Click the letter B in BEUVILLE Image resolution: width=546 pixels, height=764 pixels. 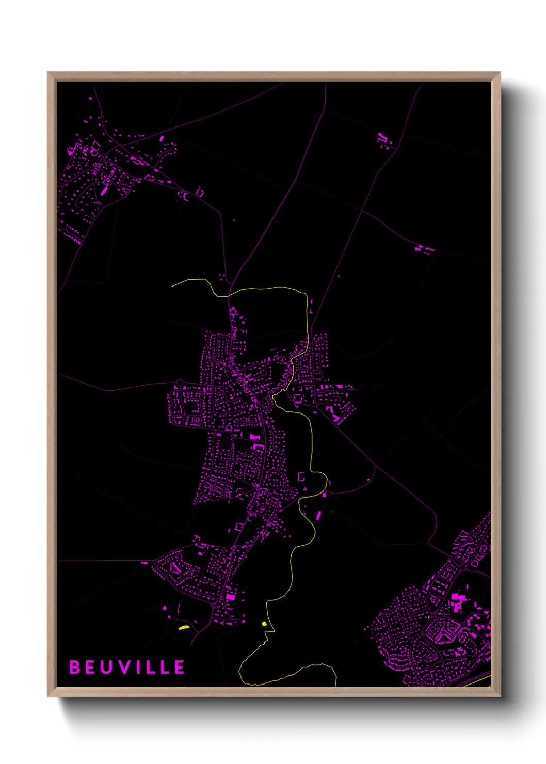coord(74,667)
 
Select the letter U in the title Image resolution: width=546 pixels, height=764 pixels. coord(107,667)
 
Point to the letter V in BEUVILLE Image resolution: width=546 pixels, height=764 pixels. coord(124,667)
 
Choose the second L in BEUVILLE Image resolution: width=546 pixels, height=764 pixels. coord(164,667)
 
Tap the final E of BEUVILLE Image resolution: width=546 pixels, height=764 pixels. coord(179,667)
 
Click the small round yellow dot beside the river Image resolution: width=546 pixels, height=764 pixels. coord(264,624)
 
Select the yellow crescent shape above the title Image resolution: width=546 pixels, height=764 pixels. coord(184,628)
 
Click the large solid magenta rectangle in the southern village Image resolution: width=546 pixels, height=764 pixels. coord(231,597)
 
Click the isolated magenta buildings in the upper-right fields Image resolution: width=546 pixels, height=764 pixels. coord(383,138)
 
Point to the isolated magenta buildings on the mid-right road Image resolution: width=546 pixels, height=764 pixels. coord(424,249)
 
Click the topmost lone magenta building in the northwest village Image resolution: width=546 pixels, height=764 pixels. coord(90,98)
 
